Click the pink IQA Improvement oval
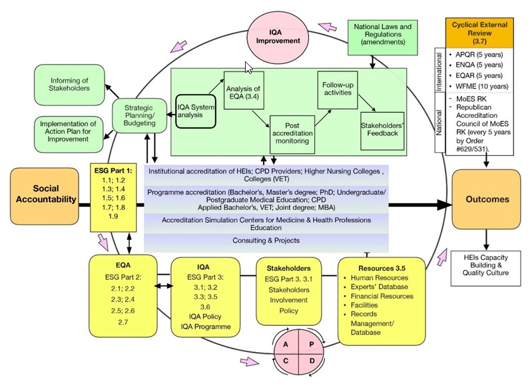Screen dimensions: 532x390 tap(278, 37)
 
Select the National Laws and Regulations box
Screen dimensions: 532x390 tap(383, 37)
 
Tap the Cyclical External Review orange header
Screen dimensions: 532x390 tap(479, 33)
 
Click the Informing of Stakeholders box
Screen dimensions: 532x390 tap(69, 85)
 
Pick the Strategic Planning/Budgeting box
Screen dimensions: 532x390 tap(139, 115)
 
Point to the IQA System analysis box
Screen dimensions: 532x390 tap(196, 111)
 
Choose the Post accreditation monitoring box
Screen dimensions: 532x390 tap(292, 135)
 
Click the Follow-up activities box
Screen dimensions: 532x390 tap(338, 90)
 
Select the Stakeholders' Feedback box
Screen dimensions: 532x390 tap(382, 131)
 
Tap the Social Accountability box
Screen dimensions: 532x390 tap(45, 196)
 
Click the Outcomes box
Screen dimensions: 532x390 tap(487, 199)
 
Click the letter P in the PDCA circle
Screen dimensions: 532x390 tap(312, 344)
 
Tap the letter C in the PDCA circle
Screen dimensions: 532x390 tap(286, 361)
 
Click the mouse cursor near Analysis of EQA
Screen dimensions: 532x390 tap(248, 67)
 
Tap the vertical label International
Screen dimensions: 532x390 tap(439, 71)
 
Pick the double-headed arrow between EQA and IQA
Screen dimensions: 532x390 tap(164, 286)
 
